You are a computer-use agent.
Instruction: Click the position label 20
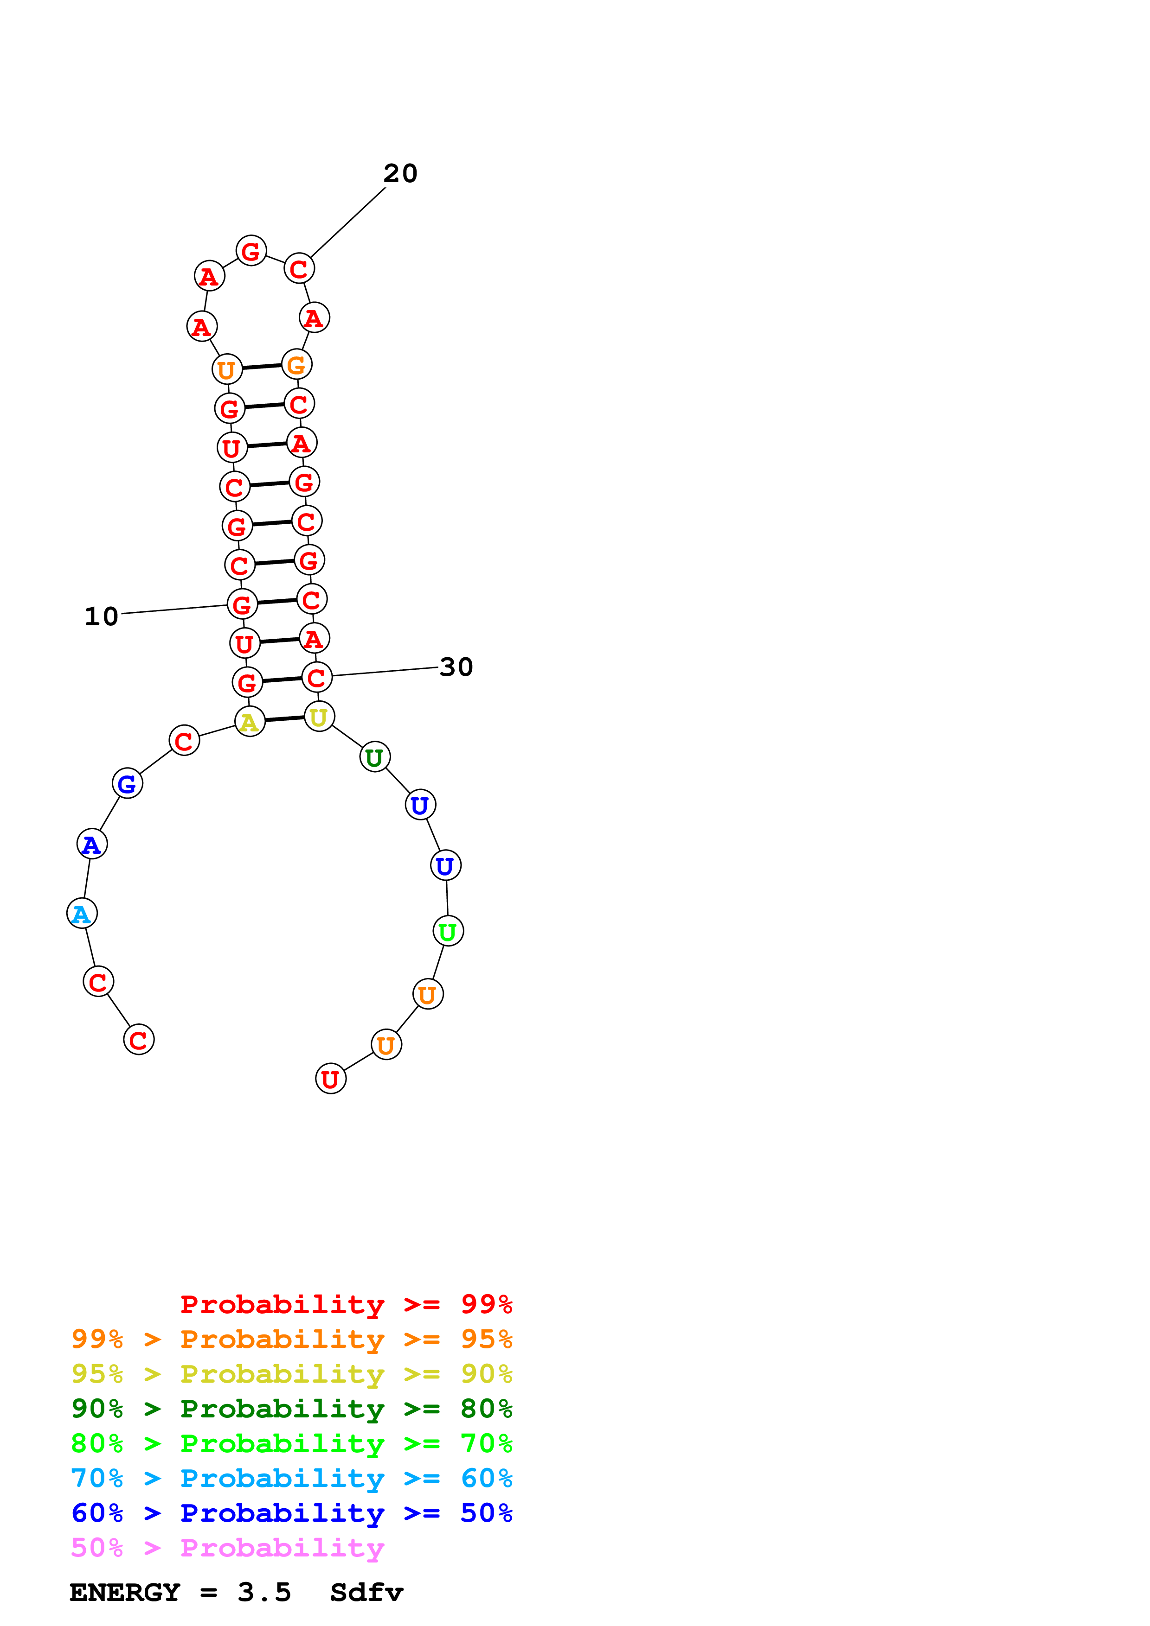click(400, 173)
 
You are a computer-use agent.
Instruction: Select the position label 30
click(456, 667)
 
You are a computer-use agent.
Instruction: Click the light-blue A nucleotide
click(82, 914)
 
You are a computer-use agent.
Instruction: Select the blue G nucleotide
click(128, 784)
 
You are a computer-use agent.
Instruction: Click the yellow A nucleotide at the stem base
click(250, 722)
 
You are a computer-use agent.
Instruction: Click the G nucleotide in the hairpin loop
click(251, 251)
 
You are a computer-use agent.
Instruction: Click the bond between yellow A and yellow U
click(284, 719)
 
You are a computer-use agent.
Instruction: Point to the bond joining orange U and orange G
click(262, 367)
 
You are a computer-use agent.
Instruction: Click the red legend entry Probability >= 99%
click(346, 1304)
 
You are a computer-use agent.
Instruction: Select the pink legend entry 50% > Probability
click(227, 1548)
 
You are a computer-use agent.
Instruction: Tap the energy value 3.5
click(264, 1593)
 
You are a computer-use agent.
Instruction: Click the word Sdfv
click(366, 1593)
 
